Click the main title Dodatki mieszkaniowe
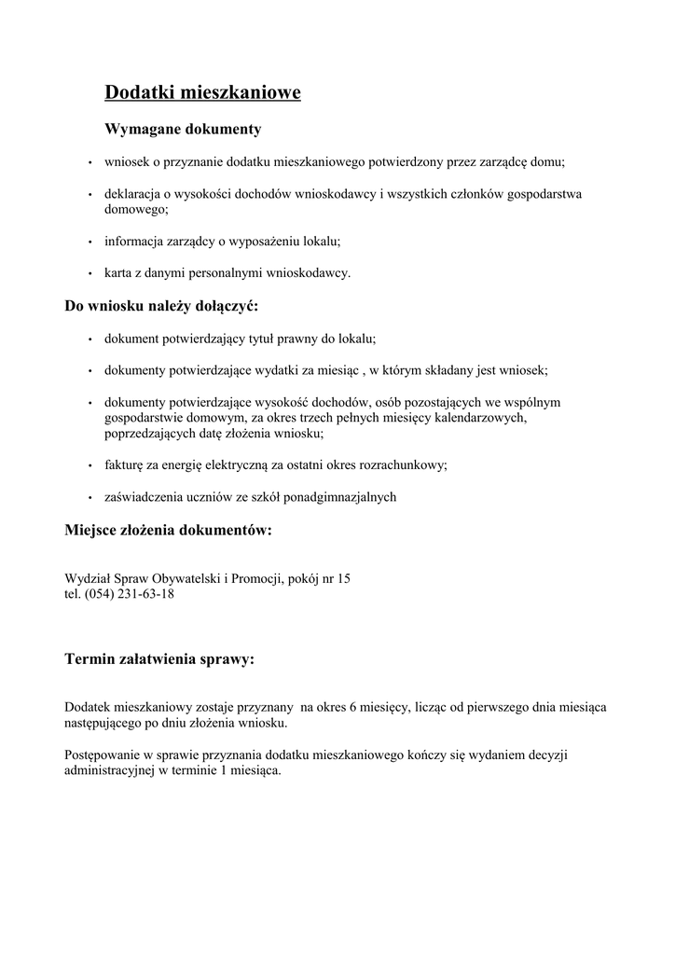point(202,92)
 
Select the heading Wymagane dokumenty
point(183,128)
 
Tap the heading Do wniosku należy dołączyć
point(160,306)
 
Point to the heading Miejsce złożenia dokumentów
point(169,531)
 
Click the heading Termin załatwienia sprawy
point(158,659)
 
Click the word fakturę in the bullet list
point(124,464)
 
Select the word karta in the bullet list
point(118,273)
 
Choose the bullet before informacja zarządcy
point(90,242)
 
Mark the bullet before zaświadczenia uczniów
point(90,498)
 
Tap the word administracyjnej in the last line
point(108,770)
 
